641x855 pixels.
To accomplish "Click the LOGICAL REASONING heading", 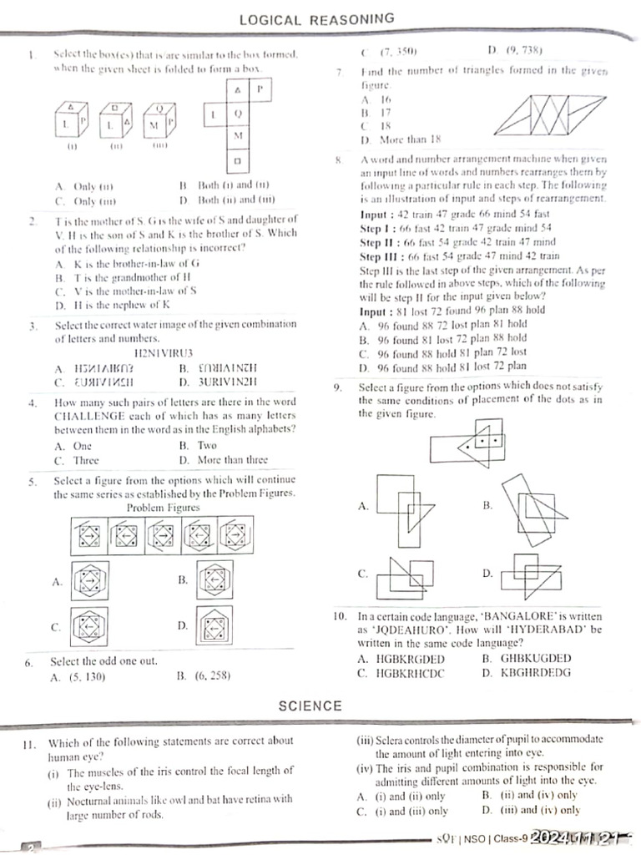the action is tap(316, 18).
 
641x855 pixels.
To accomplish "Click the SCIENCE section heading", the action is tap(310, 706).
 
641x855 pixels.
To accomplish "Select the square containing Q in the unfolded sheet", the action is tap(238, 112).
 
